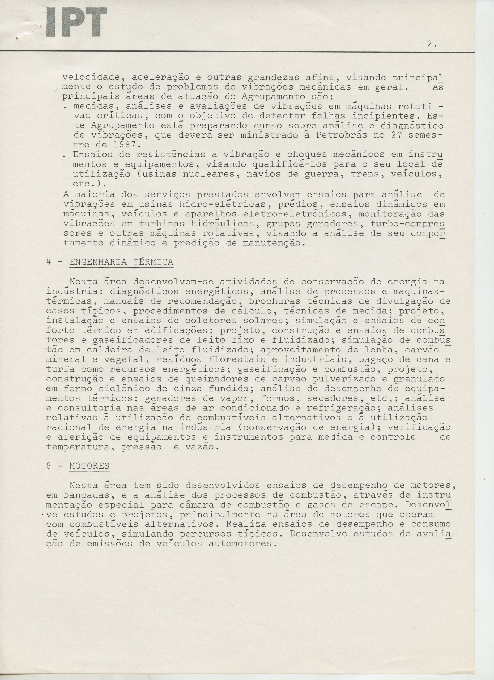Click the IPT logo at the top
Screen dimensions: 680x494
pos(76,23)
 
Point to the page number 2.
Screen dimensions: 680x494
pos(431,44)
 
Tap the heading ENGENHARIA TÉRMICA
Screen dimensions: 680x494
pos(121,262)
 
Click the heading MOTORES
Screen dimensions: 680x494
pos(89,466)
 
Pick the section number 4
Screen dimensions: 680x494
pos(48,262)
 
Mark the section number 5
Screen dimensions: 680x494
pos(49,466)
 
